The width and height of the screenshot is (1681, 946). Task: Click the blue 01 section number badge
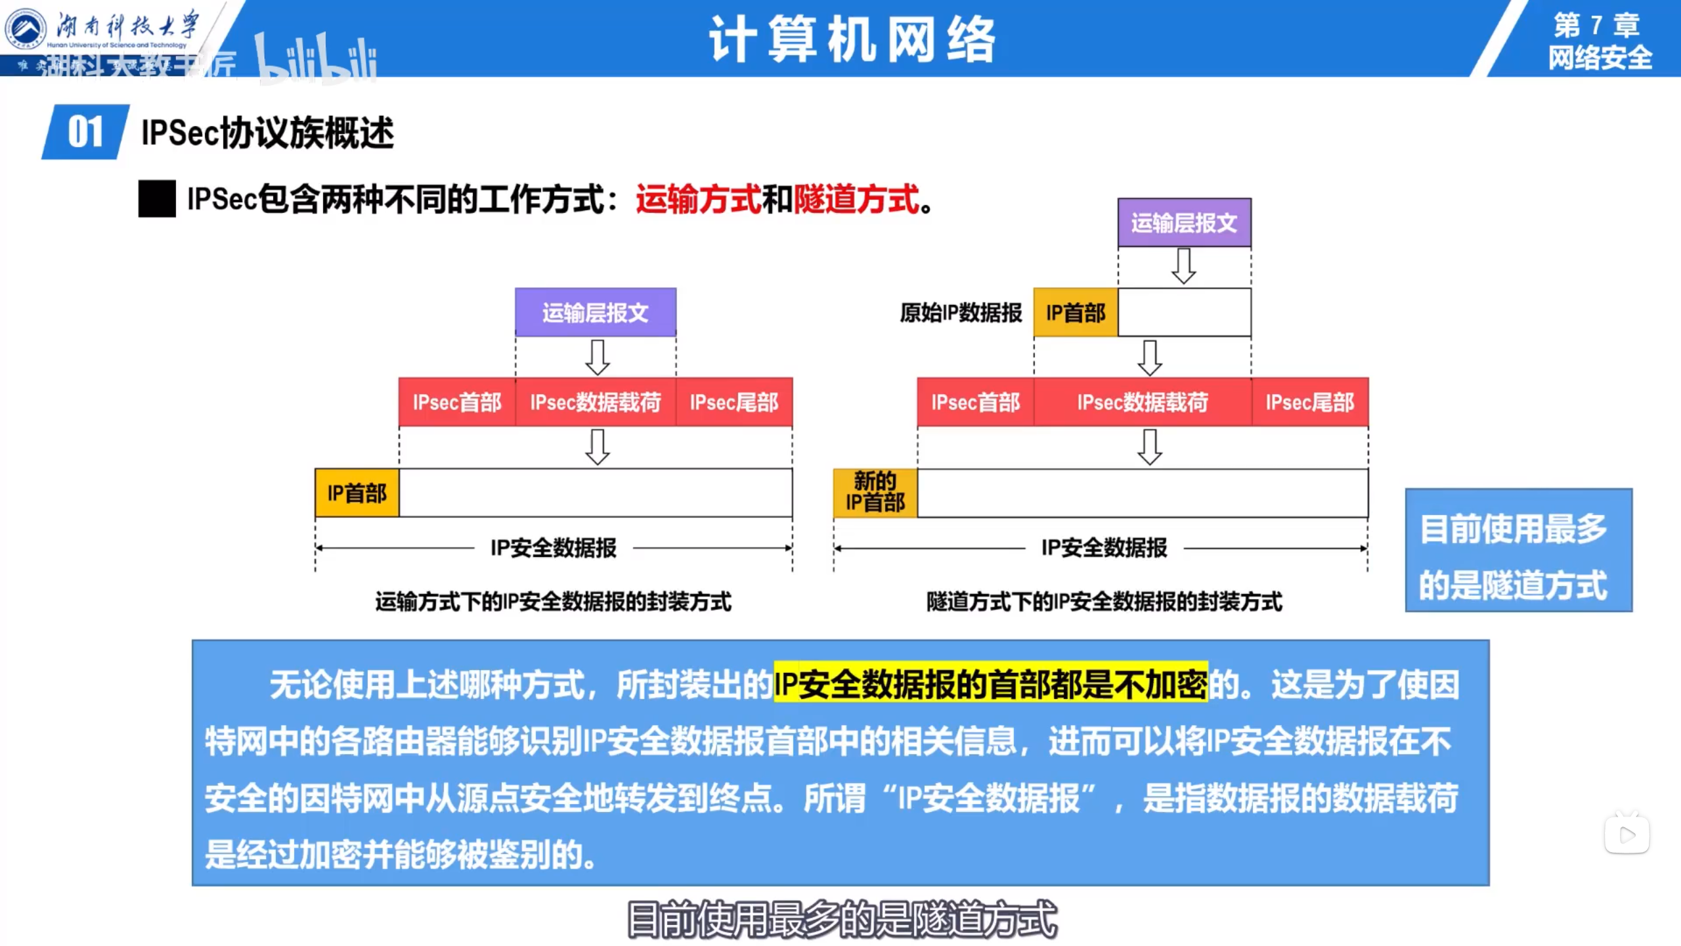click(85, 132)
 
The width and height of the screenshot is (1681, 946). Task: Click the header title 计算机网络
click(852, 39)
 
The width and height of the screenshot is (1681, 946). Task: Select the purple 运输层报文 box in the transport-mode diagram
click(595, 313)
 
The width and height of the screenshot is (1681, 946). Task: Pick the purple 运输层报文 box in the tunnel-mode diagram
click(1184, 223)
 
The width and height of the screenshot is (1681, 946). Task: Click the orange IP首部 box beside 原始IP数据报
click(1076, 313)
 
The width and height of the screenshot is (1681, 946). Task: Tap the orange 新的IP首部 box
click(875, 493)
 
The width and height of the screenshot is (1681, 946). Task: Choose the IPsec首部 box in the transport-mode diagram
click(457, 402)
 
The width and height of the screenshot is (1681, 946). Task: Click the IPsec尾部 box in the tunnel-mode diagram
click(1309, 402)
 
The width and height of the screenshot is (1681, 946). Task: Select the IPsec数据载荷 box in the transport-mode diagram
click(595, 402)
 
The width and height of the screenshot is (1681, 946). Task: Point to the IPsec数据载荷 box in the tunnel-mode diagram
click(1143, 402)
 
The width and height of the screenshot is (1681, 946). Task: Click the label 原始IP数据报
click(961, 313)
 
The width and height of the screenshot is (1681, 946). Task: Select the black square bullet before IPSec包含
click(157, 198)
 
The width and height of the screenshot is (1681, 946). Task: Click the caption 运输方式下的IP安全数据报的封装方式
click(553, 601)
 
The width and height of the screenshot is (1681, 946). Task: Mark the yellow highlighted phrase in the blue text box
click(990, 684)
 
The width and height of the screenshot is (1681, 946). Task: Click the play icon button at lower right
click(1627, 835)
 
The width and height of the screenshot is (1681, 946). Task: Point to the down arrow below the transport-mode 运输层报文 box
click(597, 357)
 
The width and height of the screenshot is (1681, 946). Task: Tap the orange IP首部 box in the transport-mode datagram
click(357, 493)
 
